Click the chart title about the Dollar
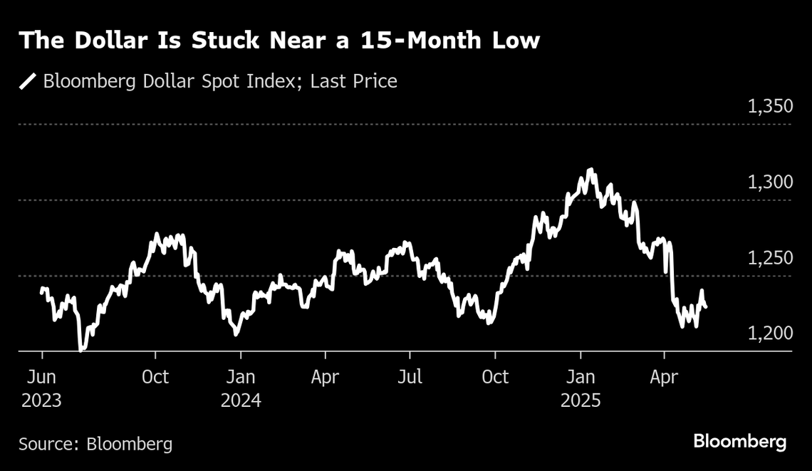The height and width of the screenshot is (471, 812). click(279, 41)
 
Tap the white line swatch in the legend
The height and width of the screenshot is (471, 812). click(28, 81)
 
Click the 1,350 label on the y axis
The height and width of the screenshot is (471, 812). click(770, 108)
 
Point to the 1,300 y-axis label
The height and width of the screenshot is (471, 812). click(770, 183)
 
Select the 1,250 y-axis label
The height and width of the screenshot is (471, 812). click(770, 259)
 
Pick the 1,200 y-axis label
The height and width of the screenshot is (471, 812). click(770, 334)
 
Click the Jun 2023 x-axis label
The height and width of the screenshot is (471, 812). click(41, 388)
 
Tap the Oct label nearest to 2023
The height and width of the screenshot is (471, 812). click(155, 376)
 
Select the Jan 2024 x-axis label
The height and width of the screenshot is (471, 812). click(241, 388)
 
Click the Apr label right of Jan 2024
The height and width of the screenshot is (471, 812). click(326, 376)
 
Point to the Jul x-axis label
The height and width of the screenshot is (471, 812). click(410, 376)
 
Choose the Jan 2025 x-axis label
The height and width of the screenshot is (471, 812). click(581, 388)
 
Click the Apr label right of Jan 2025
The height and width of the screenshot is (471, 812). click(664, 376)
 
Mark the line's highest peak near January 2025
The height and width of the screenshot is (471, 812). click(590, 170)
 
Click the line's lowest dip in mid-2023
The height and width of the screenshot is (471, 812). click(81, 350)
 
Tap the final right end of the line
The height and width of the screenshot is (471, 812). click(705, 307)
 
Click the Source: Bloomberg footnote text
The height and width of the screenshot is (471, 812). click(95, 444)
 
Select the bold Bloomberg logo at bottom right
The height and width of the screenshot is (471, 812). click(740, 442)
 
